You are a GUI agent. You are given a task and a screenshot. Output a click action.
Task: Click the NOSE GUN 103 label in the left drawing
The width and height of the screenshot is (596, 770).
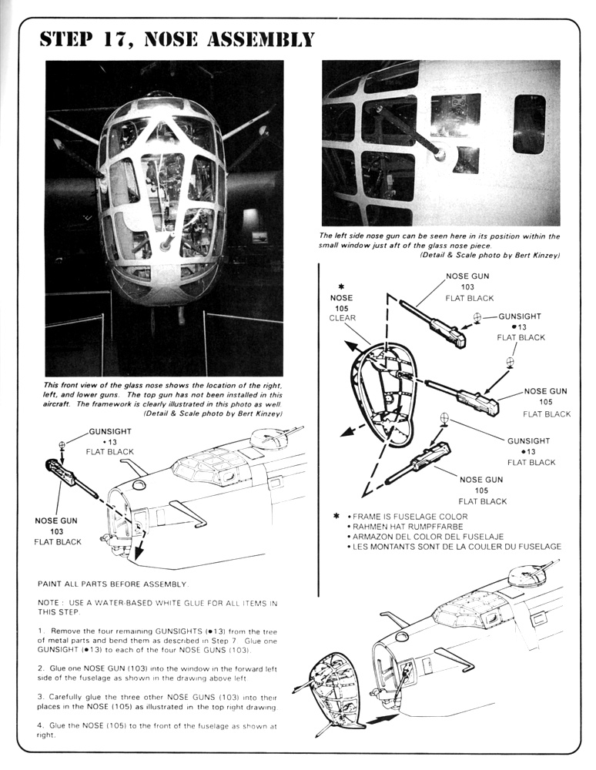(x=57, y=531)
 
